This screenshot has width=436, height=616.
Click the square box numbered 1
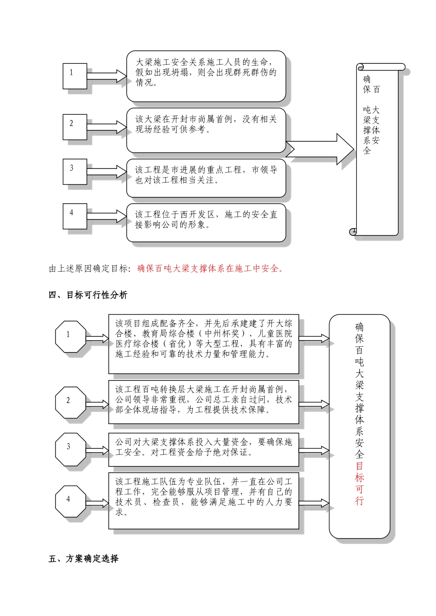tap(75, 76)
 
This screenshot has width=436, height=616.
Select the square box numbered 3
tap(75, 172)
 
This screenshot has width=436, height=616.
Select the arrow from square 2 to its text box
tap(106, 127)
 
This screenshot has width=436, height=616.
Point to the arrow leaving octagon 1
tap(97, 339)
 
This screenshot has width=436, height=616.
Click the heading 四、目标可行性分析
tap(88, 295)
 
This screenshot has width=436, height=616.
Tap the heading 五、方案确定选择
tap(84, 559)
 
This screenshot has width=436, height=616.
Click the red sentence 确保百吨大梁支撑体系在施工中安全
tap(211, 269)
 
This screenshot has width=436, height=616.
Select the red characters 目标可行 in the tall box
tap(359, 483)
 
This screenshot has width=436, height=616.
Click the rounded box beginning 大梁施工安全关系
tap(206, 76)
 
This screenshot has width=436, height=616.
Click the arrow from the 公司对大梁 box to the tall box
tap(314, 450)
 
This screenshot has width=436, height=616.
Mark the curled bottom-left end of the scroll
tap(353, 231)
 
